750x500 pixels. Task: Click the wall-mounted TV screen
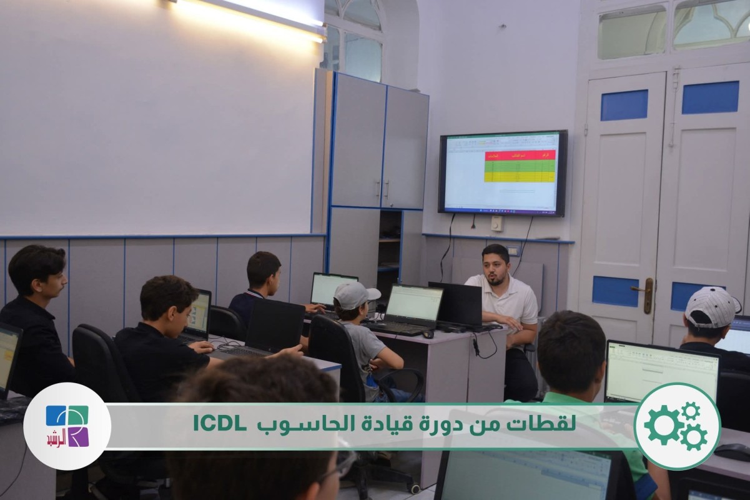[503, 172]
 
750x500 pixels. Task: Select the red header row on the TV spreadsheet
[520, 154]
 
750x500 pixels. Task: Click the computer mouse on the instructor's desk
[428, 334]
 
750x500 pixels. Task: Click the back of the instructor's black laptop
[456, 304]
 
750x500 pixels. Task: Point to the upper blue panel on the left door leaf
[624, 105]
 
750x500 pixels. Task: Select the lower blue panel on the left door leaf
[615, 291]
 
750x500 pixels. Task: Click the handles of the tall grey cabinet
[382, 189]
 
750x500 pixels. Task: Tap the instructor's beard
[496, 279]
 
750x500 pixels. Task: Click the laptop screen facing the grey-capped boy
[414, 303]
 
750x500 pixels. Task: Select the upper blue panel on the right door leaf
[710, 97]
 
